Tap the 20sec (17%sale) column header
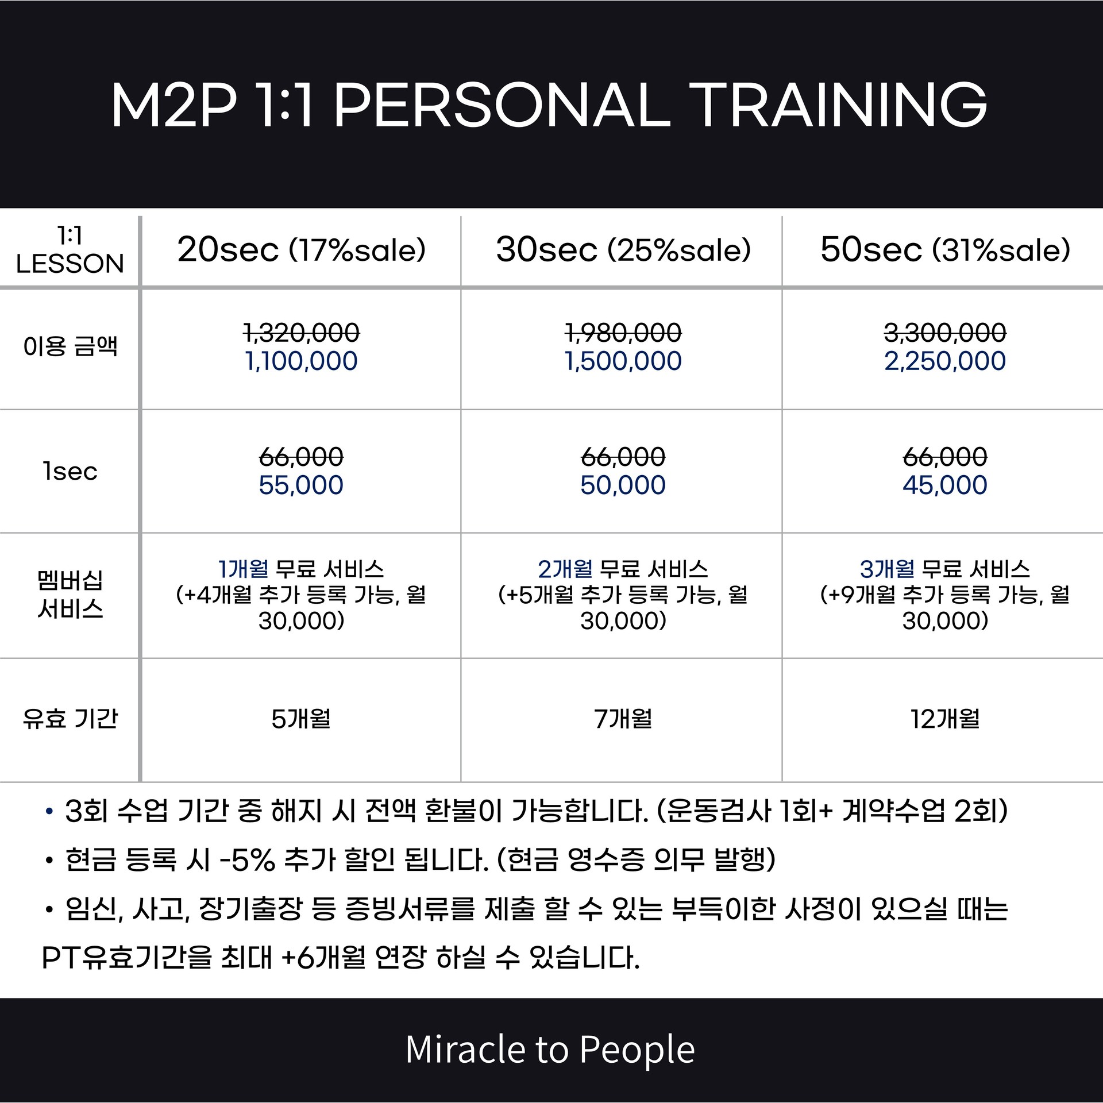point(302,250)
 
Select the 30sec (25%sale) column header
point(624,250)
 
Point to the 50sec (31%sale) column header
point(946,250)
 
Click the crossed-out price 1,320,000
point(302,333)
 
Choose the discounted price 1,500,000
point(623,361)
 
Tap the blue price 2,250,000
point(945,361)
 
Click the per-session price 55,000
point(301,485)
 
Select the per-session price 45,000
point(945,485)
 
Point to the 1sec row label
point(70,472)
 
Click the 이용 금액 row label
point(70,346)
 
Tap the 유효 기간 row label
point(70,718)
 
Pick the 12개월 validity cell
point(945,719)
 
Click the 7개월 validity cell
point(623,719)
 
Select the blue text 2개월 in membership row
point(565,569)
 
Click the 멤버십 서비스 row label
point(70,595)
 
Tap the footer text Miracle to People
point(550,1049)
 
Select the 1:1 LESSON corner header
point(70,249)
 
